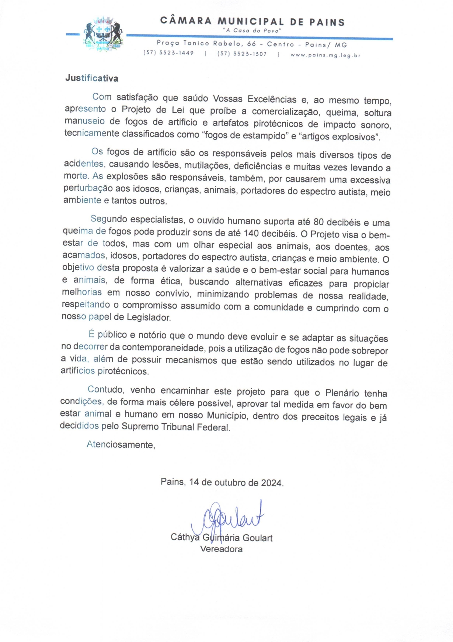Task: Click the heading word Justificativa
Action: [x=92, y=78]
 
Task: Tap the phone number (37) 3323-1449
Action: [x=168, y=53]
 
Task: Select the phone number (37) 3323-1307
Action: [x=242, y=54]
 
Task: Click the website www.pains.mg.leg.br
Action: [x=325, y=55]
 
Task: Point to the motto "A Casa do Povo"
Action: [x=252, y=31]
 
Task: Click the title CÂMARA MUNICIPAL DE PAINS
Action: [x=252, y=21]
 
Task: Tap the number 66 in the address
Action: [x=251, y=44]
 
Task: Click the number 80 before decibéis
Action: [x=318, y=222]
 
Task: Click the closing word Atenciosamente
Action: [x=121, y=444]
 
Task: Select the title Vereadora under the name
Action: [x=221, y=549]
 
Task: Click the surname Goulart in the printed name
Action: [x=257, y=538]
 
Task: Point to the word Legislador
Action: [x=149, y=317]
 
